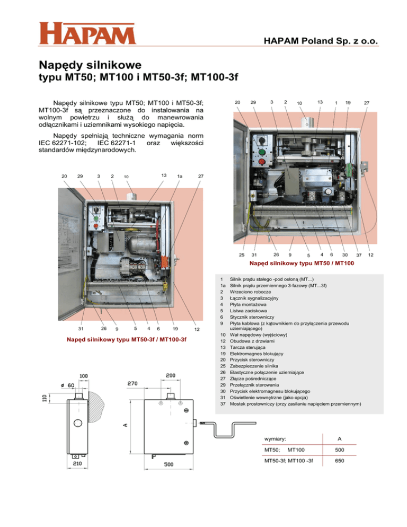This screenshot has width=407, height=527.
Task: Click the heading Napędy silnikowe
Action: point(90,66)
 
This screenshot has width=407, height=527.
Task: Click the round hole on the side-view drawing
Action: point(77,424)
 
